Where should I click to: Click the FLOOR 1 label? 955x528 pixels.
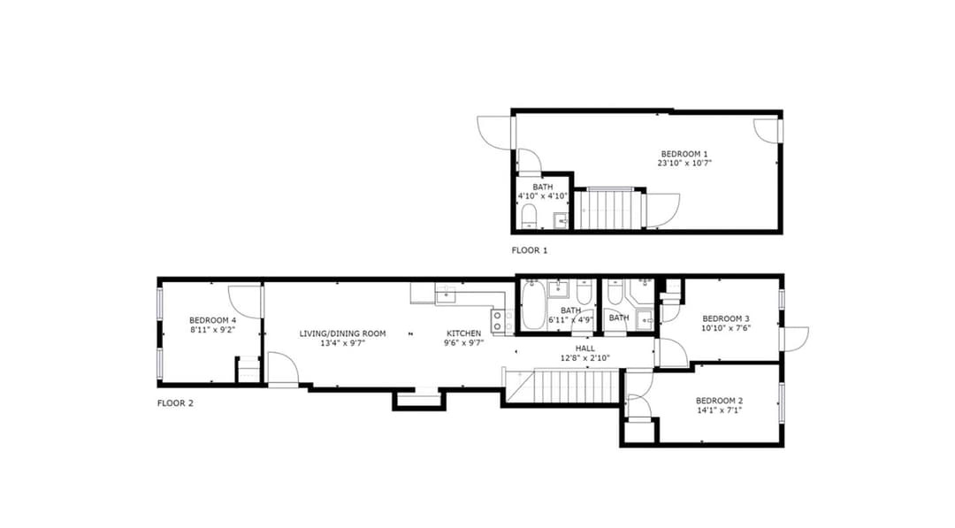pyautogui.click(x=530, y=250)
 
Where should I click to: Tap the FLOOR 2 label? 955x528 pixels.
pyautogui.click(x=175, y=403)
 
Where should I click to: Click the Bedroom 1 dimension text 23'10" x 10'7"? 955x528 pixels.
pyautogui.click(x=684, y=164)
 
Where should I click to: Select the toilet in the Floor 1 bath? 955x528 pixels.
pyautogui.click(x=529, y=216)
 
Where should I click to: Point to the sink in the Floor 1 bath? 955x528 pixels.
pyautogui.click(x=561, y=220)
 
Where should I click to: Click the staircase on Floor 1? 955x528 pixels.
pyautogui.click(x=609, y=210)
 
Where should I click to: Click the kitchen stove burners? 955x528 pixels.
pyautogui.click(x=498, y=321)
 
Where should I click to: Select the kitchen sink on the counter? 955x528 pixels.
pyautogui.click(x=446, y=294)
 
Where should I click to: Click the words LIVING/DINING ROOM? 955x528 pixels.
pyautogui.click(x=342, y=333)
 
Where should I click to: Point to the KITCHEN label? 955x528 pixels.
pyautogui.click(x=464, y=333)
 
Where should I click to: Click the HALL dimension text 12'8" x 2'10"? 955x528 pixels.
pyautogui.click(x=585, y=358)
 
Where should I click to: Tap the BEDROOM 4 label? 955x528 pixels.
pyautogui.click(x=212, y=320)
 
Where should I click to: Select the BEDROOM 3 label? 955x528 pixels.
pyautogui.click(x=726, y=318)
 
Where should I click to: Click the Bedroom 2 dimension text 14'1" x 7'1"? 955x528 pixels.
pyautogui.click(x=719, y=409)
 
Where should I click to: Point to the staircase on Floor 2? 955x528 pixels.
pyautogui.click(x=562, y=386)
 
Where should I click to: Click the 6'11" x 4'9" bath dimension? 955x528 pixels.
pyautogui.click(x=570, y=320)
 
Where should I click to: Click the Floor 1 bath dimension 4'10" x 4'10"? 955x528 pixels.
pyautogui.click(x=543, y=196)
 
